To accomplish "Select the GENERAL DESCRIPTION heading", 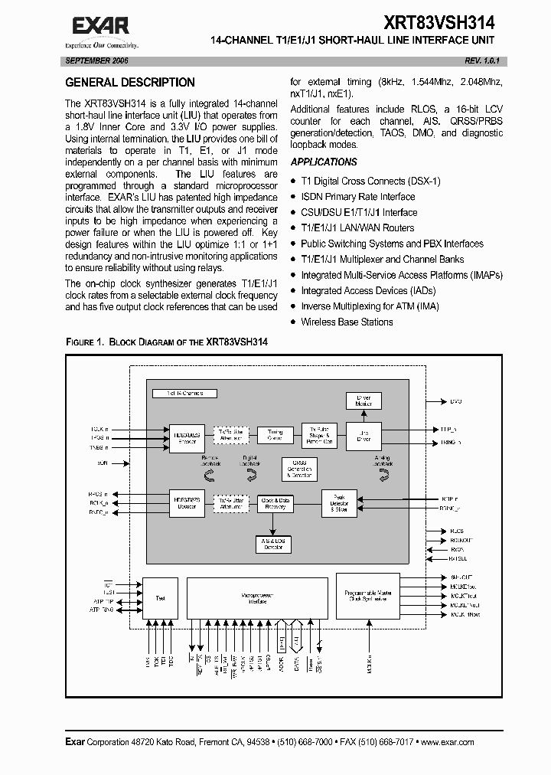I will (130, 83).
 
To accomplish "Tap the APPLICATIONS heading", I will (324, 162).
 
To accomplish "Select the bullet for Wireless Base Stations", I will (294, 322).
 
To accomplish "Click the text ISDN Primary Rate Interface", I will (358, 197).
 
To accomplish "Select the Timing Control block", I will (275, 433).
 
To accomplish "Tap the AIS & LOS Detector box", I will (275, 544).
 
